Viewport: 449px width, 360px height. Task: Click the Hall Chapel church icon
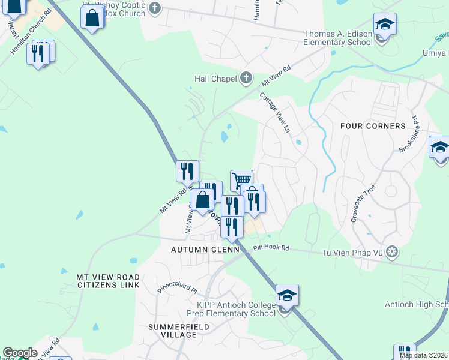pyautogui.click(x=246, y=78)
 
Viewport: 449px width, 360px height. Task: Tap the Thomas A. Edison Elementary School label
pyautogui.click(x=338, y=38)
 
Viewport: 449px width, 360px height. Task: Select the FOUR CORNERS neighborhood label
pyautogui.click(x=373, y=126)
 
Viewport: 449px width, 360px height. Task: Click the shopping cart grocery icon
pyautogui.click(x=241, y=179)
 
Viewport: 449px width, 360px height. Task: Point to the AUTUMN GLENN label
pyautogui.click(x=205, y=249)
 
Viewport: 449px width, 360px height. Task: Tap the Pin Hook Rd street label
pyautogui.click(x=271, y=248)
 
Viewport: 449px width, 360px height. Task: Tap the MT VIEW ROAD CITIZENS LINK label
pyautogui.click(x=108, y=280)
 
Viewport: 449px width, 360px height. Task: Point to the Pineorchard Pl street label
pyautogui.click(x=177, y=289)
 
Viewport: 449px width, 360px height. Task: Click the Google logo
pyautogui.click(x=20, y=353)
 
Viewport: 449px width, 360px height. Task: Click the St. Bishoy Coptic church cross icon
pyautogui.click(x=155, y=8)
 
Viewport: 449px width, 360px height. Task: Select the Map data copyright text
pyautogui.click(x=424, y=355)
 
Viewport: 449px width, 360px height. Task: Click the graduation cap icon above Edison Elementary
pyautogui.click(x=385, y=24)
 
